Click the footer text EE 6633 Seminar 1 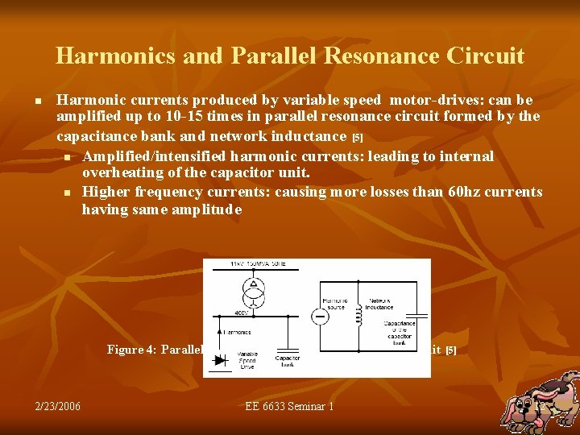(289, 406)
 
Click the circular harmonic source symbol (321, 316)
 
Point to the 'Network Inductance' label (378, 304)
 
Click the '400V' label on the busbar (242, 313)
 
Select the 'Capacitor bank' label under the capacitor (288, 361)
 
